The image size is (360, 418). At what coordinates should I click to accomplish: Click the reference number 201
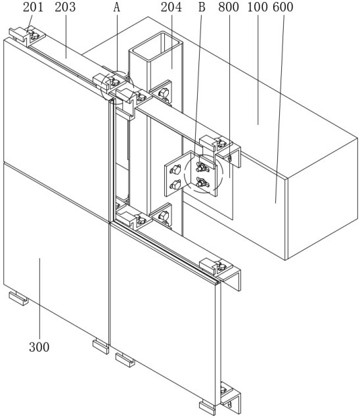[x=33, y=7]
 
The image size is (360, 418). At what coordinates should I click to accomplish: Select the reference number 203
[x=65, y=7]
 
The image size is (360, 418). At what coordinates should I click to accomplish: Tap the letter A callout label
[x=117, y=7]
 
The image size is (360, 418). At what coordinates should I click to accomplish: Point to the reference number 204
[x=171, y=7]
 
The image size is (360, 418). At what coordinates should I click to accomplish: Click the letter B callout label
[x=202, y=7]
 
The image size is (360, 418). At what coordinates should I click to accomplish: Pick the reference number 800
[x=229, y=7]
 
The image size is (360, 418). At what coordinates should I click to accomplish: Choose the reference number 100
[x=258, y=7]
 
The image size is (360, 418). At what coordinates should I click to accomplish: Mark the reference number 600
[x=283, y=7]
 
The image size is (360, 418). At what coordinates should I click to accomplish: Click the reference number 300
[x=39, y=347]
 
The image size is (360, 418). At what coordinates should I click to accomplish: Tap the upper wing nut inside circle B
[x=202, y=167]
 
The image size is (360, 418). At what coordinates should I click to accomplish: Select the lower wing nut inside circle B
[x=202, y=182]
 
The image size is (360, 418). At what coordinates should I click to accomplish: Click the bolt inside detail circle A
[x=115, y=82]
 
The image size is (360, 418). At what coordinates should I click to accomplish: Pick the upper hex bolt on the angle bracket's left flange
[x=175, y=170]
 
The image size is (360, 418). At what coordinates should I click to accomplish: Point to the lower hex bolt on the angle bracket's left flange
[x=175, y=185]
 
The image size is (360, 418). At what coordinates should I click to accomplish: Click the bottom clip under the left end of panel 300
[x=18, y=298]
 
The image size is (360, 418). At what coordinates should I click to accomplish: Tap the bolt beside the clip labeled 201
[x=34, y=35]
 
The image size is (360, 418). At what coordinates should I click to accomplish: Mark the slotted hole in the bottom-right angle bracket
[x=229, y=404]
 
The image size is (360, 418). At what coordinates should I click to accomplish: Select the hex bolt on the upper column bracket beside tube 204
[x=163, y=93]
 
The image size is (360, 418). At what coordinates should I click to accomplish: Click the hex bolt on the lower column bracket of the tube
[x=163, y=215]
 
